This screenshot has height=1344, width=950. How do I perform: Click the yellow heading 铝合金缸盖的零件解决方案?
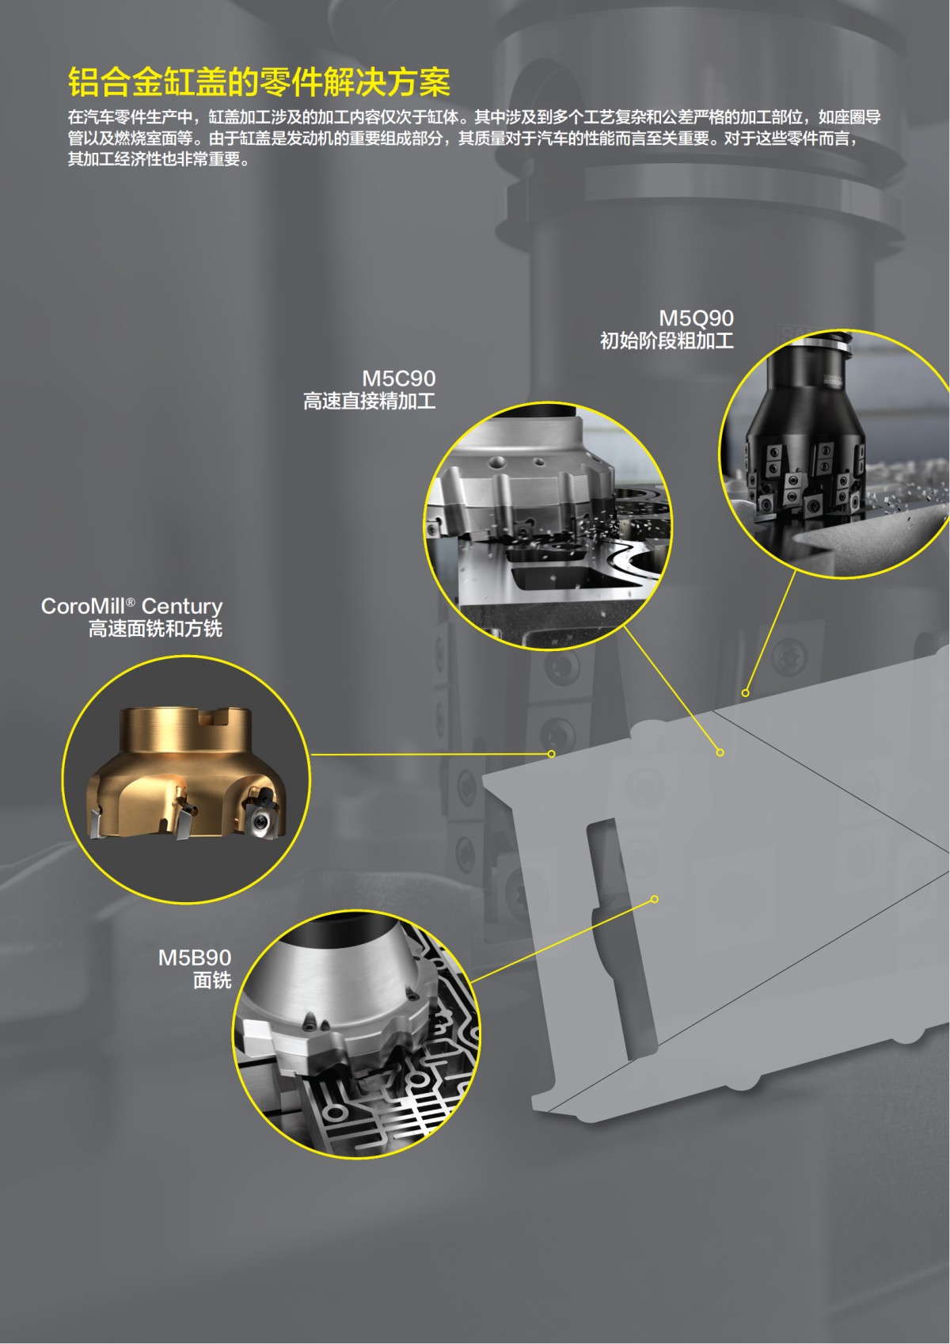click(259, 82)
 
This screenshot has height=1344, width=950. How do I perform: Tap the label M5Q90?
click(696, 318)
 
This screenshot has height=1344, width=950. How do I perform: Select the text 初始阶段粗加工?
click(667, 341)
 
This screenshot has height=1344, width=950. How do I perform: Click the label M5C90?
click(398, 379)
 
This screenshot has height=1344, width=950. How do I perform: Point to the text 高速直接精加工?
click(370, 401)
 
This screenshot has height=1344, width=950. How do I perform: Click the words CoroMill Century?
click(131, 606)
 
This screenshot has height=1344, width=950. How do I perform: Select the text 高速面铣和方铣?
click(155, 629)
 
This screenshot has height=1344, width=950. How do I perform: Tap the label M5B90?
click(194, 958)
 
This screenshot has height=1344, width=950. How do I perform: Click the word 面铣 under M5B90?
click(212, 980)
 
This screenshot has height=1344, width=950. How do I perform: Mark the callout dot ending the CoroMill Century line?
click(551, 754)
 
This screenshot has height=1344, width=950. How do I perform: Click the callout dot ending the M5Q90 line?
click(745, 693)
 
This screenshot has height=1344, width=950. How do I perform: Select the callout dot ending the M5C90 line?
click(720, 752)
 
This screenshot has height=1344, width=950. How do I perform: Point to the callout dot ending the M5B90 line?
click(655, 899)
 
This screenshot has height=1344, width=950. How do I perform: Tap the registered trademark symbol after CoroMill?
click(130, 601)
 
